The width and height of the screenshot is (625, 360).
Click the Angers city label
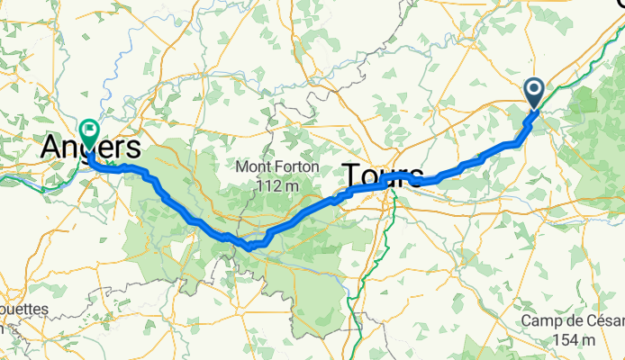click(x=91, y=149)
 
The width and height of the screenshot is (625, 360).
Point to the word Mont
click(x=255, y=167)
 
